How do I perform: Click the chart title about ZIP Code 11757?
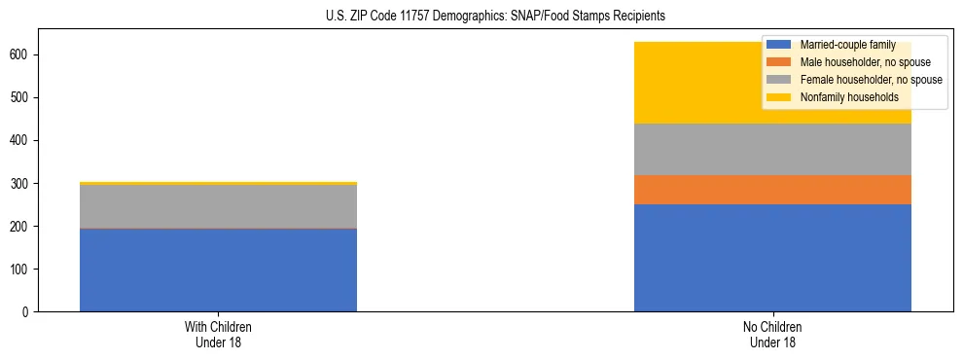tap(481, 17)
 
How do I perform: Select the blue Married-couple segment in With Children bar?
tap(218, 270)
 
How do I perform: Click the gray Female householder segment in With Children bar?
tap(218, 206)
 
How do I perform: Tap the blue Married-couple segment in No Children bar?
tap(772, 258)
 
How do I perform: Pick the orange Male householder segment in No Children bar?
tap(772, 190)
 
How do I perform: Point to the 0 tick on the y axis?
tap(29, 312)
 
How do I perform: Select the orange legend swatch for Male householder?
tap(780, 62)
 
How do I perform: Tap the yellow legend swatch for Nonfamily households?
tap(780, 97)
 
